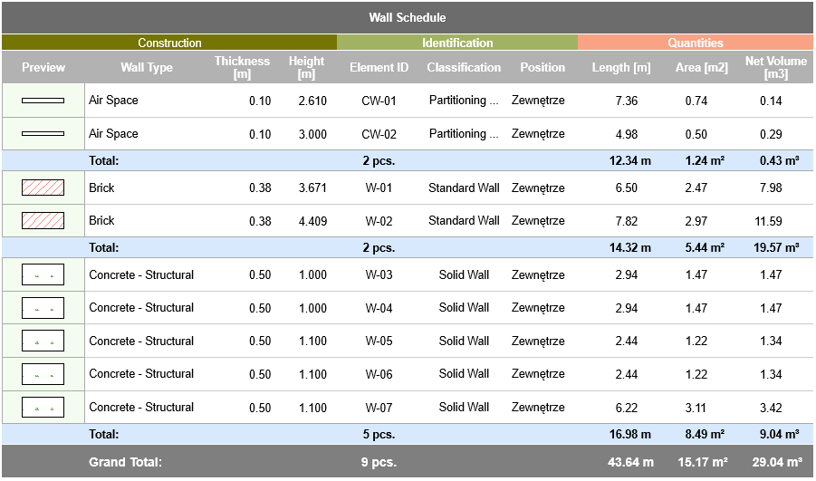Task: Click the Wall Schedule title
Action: click(x=407, y=18)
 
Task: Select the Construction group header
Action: click(x=169, y=43)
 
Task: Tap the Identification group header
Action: click(x=457, y=43)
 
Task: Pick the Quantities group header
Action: click(x=696, y=43)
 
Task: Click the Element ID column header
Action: click(x=379, y=68)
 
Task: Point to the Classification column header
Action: click(x=464, y=68)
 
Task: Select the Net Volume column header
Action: click(x=775, y=68)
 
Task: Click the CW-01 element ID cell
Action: click(x=379, y=101)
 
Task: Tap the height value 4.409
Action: click(x=312, y=221)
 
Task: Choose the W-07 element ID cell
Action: click(x=379, y=408)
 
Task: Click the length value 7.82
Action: click(x=626, y=221)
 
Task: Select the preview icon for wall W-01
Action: click(x=43, y=188)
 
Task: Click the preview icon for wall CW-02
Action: click(x=43, y=134)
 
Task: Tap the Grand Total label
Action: click(x=125, y=462)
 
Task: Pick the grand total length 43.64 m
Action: click(x=630, y=462)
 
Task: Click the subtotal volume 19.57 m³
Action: click(x=775, y=247)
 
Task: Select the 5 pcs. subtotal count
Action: click(x=379, y=435)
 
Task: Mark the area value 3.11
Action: click(x=696, y=408)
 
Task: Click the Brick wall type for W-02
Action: click(x=101, y=221)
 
